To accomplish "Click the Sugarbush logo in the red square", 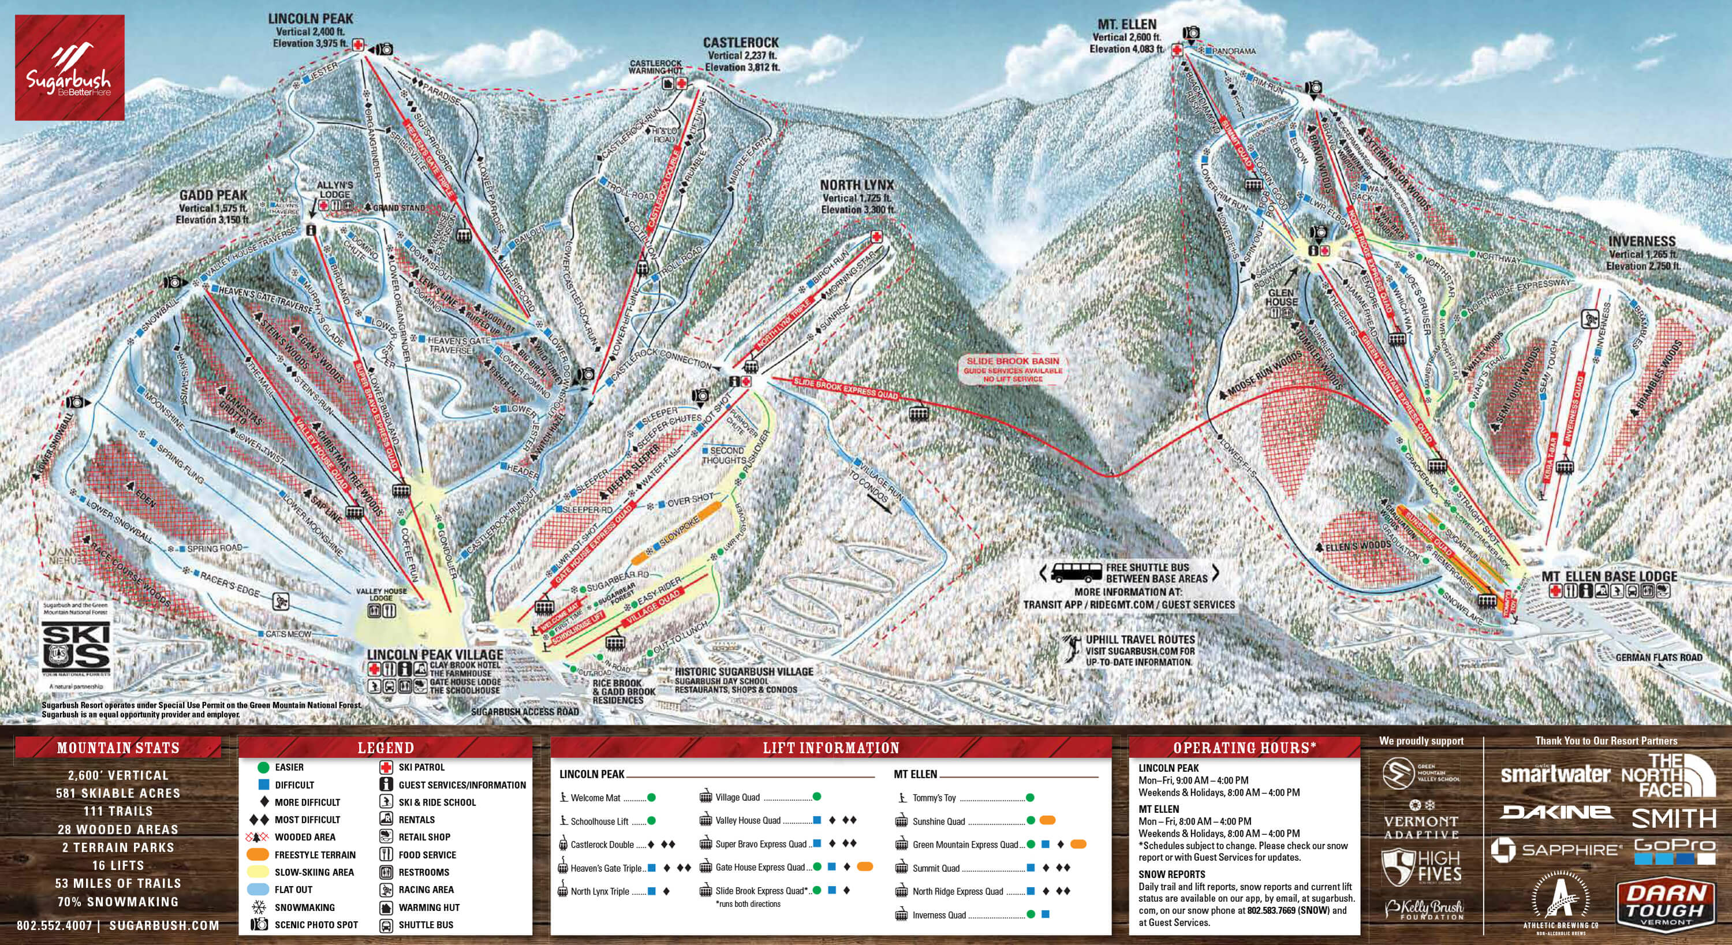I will pyautogui.click(x=69, y=68).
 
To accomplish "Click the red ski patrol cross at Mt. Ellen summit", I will pyautogui.click(x=1177, y=50).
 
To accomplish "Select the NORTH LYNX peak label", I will pyautogui.click(x=857, y=185).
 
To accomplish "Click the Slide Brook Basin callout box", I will pyautogui.click(x=1013, y=369).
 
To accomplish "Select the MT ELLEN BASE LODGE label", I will pyautogui.click(x=1609, y=576).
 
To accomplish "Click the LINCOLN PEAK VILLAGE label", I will pyautogui.click(x=435, y=655).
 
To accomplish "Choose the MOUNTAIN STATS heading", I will pyautogui.click(x=118, y=748).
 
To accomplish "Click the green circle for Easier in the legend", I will pyautogui.click(x=263, y=767).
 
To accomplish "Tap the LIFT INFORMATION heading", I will pyautogui.click(x=830, y=748).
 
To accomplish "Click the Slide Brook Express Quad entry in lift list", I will pyautogui.click(x=760, y=891).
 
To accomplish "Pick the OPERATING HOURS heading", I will pyautogui.click(x=1244, y=748).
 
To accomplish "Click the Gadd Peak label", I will pyautogui.click(x=213, y=196).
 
